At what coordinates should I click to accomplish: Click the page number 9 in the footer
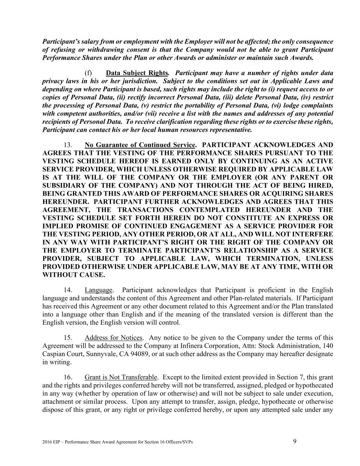pyautogui.click(x=295, y=441)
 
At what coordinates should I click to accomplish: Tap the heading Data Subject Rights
pyautogui.click(x=137, y=73)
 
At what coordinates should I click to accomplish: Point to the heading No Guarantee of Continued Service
pyautogui.click(x=140, y=144)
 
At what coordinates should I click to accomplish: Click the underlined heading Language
pyautogui.click(x=99, y=290)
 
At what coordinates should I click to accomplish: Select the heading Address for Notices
pyautogui.click(x=114, y=338)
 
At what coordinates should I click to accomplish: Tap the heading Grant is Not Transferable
pyautogui.click(x=121, y=377)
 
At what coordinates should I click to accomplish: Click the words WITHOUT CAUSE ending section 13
pyautogui.click(x=73, y=275)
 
